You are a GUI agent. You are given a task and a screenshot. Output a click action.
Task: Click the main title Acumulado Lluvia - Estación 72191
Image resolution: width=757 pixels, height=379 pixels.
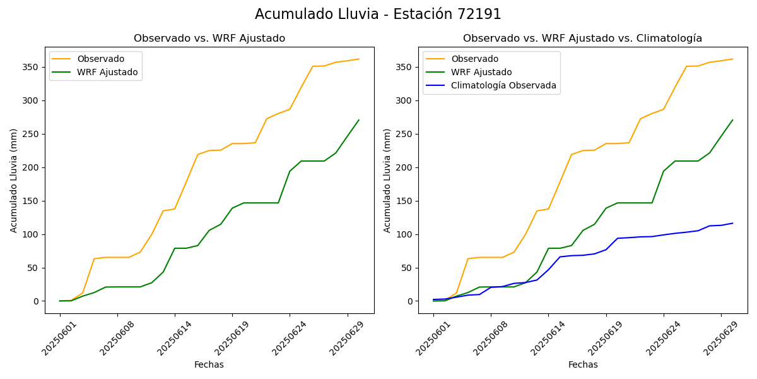pos(378,15)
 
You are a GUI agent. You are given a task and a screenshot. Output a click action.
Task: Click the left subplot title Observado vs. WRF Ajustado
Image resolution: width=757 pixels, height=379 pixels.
pos(209,39)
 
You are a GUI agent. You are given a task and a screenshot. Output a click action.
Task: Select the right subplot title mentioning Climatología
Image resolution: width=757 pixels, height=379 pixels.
pos(582,39)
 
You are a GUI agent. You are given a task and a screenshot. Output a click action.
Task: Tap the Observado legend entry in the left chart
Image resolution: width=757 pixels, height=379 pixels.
pos(101,59)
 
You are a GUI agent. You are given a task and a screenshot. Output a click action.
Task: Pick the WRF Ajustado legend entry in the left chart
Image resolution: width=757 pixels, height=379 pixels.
pos(107,73)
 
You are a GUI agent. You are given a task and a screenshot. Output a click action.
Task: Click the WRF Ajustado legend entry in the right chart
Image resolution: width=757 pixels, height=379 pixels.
pos(481,73)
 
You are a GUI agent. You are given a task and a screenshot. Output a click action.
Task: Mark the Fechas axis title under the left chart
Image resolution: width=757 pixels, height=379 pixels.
pos(209,365)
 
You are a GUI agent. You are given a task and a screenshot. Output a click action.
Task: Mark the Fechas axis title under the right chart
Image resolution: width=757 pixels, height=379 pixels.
pos(583,365)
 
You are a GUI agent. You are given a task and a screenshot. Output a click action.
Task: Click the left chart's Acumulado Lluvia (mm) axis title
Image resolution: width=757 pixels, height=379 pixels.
pos(14,180)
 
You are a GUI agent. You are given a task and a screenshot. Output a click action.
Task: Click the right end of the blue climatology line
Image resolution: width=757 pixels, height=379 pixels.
pos(732,223)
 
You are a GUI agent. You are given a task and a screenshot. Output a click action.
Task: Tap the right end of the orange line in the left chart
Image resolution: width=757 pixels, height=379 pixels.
pos(359,59)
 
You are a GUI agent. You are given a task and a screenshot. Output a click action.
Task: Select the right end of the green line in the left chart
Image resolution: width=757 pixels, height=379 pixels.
pos(359,120)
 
